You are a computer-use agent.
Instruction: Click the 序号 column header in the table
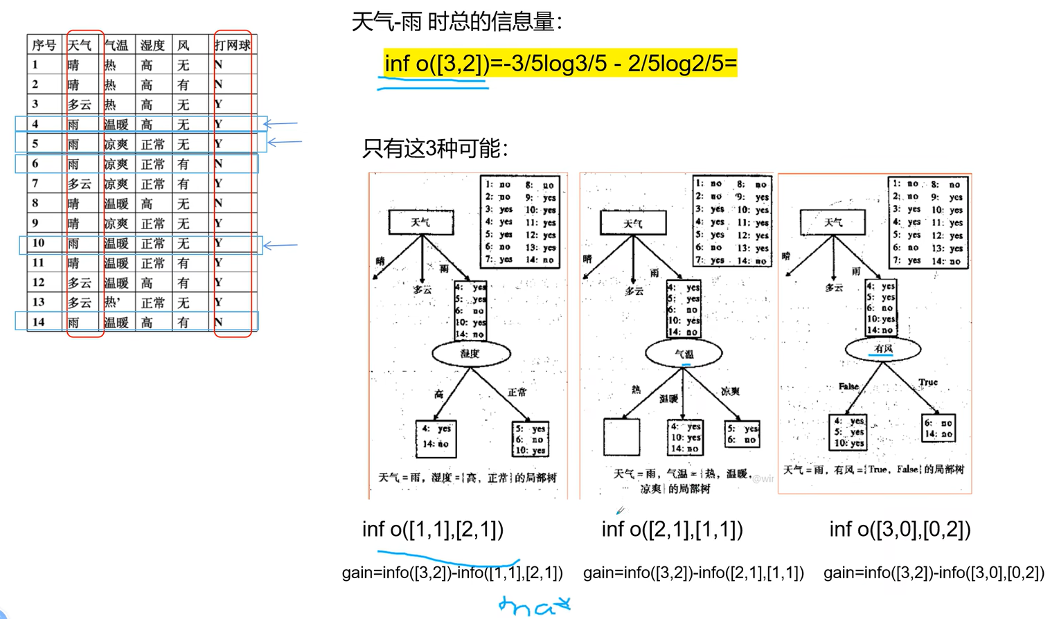coord(44,46)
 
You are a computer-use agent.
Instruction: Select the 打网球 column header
coord(232,46)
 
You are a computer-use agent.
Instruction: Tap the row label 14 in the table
coord(38,322)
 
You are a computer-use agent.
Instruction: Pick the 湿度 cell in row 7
coord(152,184)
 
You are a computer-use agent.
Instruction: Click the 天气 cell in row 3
coord(79,105)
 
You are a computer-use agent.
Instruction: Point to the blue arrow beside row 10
coord(281,245)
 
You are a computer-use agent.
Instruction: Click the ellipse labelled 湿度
coord(471,354)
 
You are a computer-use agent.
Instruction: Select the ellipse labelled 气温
coord(684,354)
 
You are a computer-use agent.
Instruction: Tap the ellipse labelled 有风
coord(883,349)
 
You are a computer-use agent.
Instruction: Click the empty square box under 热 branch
coord(621,437)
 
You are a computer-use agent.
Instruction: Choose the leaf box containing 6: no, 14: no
coord(938,428)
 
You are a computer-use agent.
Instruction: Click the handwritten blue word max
coord(534,606)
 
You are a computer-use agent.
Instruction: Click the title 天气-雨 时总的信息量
coord(456,22)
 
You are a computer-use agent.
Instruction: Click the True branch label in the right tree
coord(928,382)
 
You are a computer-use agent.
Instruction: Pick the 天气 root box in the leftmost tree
coord(421,222)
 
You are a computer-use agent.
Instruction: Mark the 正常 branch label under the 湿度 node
coord(517,393)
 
